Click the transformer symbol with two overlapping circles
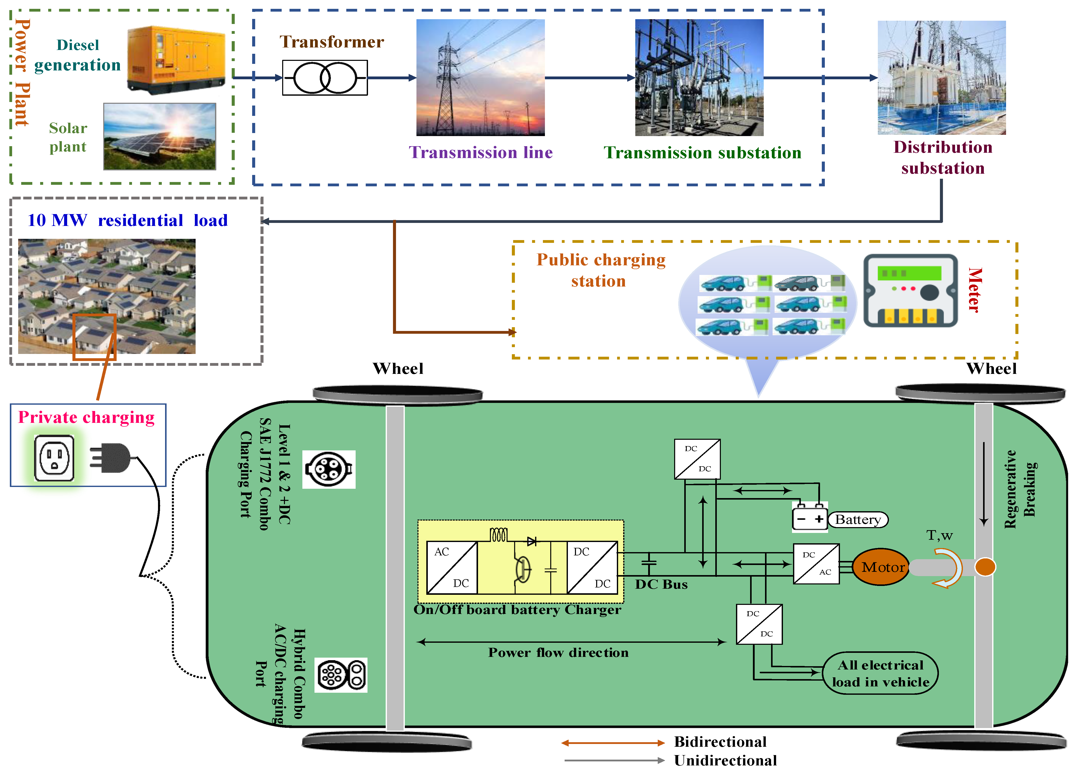[x=325, y=78]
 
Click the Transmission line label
[x=481, y=152]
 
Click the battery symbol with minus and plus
[x=809, y=518]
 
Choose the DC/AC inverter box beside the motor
[x=816, y=563]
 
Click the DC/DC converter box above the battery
[x=697, y=459]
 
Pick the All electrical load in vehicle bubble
[x=880, y=673]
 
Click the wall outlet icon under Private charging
[x=54, y=458]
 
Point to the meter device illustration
[x=910, y=290]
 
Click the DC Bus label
[x=661, y=584]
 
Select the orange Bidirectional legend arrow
[x=613, y=742]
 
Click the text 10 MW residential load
[x=127, y=220]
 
